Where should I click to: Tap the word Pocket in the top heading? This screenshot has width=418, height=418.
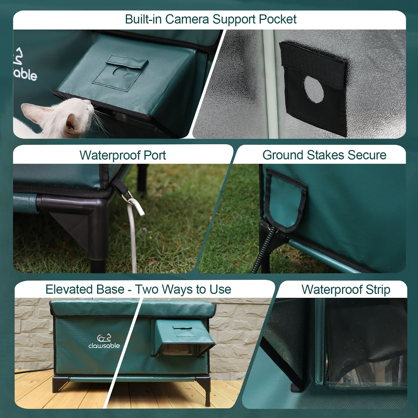[x=277, y=19]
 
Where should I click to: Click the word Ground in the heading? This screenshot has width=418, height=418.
[x=282, y=155]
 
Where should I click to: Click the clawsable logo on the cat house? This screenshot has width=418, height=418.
[x=104, y=341]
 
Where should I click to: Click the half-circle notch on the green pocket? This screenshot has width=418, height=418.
[x=120, y=71]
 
